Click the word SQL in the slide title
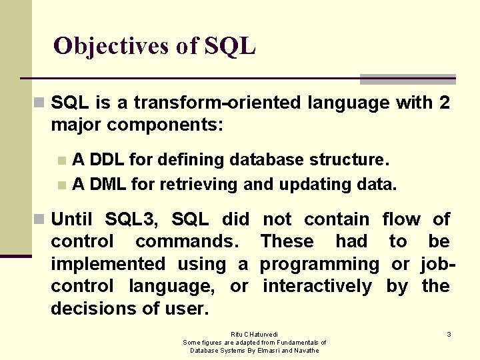pyautogui.click(x=230, y=46)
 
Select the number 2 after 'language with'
pyautogui.click(x=444, y=103)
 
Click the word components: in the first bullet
pyautogui.click(x=165, y=125)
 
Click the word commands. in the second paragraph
pyautogui.click(x=193, y=241)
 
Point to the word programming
pyautogui.click(x=319, y=264)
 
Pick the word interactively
pyautogui.click(x=317, y=287)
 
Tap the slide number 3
pyautogui.click(x=449, y=334)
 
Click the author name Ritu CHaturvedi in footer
pyautogui.click(x=254, y=334)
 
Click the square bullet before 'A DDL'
pyautogui.click(x=61, y=161)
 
